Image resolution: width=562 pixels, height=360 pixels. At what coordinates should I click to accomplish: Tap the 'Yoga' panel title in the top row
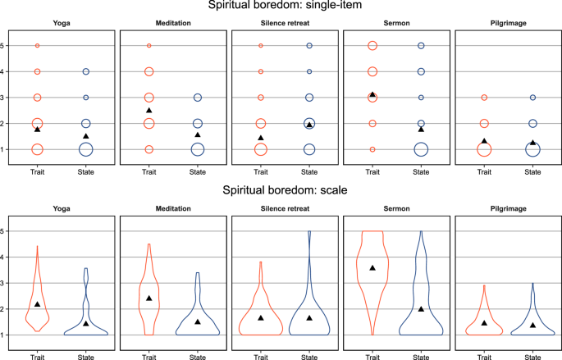62,24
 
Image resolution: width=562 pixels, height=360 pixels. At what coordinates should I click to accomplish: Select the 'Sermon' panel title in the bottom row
396,207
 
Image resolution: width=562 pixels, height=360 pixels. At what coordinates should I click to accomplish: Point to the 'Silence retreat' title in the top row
285,24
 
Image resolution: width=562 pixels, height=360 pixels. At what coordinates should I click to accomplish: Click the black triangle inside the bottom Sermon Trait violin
372,268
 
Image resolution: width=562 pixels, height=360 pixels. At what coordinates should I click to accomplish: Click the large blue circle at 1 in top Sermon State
421,149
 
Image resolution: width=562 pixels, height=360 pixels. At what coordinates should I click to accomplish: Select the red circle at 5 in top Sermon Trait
372,46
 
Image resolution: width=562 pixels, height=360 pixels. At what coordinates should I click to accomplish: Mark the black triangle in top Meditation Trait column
148,110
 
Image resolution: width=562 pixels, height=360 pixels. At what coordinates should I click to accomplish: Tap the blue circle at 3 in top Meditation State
197,98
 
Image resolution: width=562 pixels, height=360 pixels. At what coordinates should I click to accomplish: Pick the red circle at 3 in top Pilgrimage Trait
484,98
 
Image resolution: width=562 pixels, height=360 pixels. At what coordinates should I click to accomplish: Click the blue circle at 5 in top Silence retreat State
309,46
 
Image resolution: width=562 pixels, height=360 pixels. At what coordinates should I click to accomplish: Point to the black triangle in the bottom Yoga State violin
85,323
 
